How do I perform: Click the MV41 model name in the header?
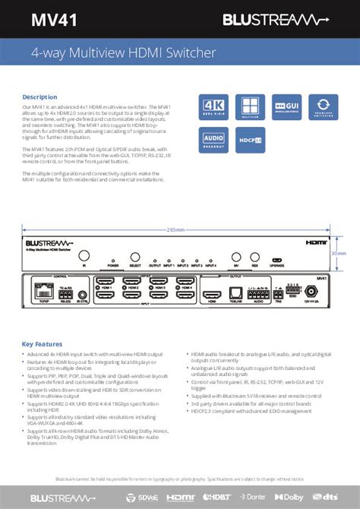pyautogui.click(x=49, y=18)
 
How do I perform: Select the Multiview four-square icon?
pyautogui.click(x=252, y=107)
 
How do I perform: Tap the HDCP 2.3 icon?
pyautogui.click(x=252, y=139)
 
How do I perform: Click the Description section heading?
pyautogui.click(x=39, y=97)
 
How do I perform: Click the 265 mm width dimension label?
pyautogui.click(x=175, y=229)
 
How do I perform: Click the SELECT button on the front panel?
pyautogui.click(x=135, y=258)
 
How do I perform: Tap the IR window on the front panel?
pyautogui.click(x=84, y=258)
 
